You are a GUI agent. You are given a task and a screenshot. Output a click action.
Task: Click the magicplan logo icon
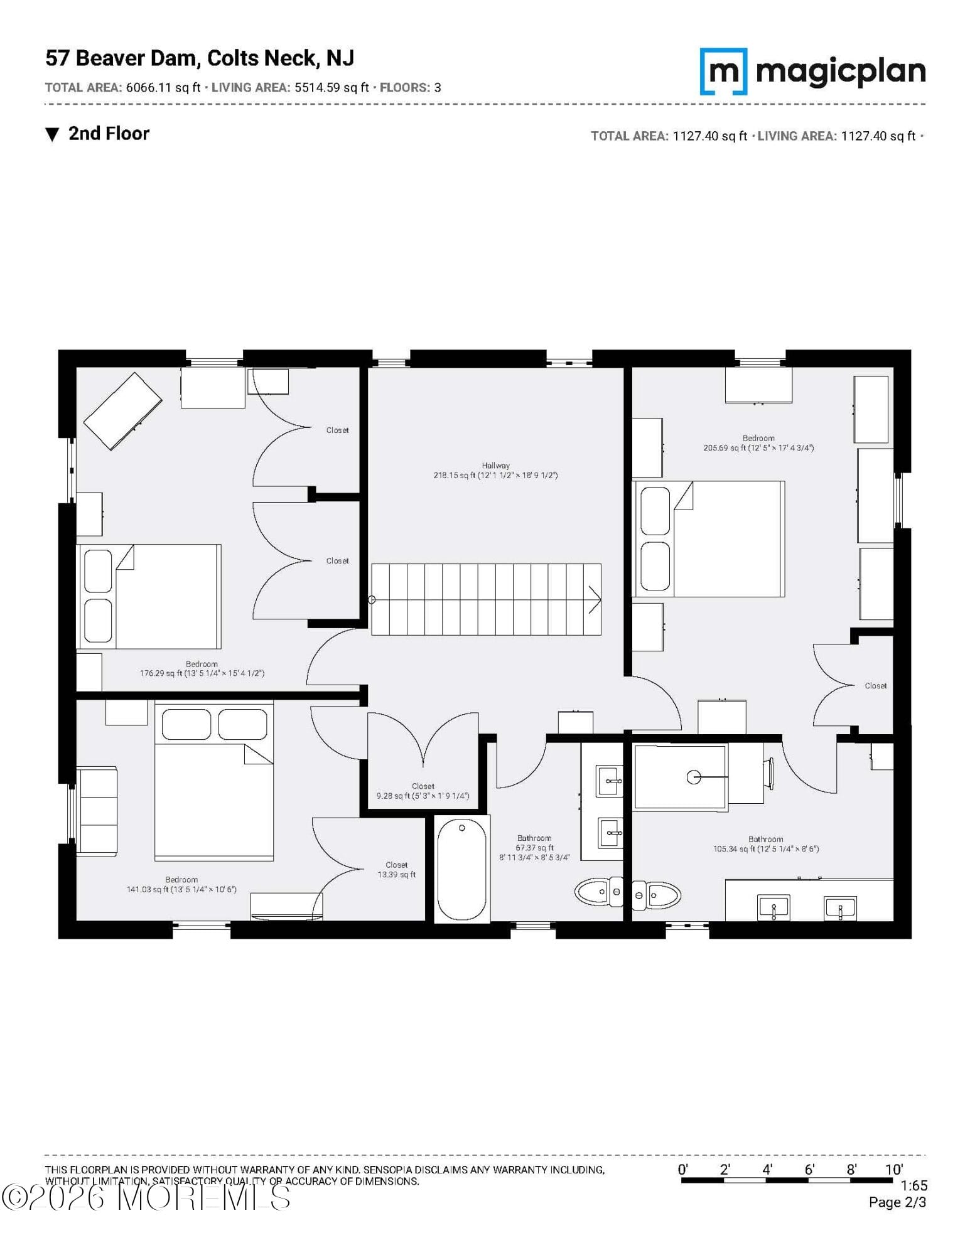point(723,72)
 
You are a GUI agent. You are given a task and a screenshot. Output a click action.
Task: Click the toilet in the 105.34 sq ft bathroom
point(656,895)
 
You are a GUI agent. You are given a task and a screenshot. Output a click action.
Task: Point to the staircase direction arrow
point(594,599)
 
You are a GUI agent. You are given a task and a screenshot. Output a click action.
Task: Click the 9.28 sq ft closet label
point(423,791)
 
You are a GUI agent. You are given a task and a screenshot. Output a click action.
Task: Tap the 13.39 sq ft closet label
point(396,869)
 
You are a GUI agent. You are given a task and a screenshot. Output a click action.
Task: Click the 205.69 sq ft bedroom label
point(758,443)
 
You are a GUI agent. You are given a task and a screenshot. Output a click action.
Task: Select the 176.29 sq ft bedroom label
point(202,668)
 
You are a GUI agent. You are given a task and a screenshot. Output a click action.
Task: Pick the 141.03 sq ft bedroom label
point(181,884)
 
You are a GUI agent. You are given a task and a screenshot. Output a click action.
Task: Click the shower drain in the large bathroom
point(693,777)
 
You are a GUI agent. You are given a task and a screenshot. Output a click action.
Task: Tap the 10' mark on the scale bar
point(893,1169)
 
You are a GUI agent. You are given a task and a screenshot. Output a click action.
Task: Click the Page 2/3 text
point(897,1202)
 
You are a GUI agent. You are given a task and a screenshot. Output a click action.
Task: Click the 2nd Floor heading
point(109,134)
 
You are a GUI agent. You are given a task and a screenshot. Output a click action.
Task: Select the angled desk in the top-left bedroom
point(123,411)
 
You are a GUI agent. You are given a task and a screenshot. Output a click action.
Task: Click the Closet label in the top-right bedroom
point(875,686)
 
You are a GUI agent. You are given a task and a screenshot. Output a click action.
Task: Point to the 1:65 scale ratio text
point(913,1185)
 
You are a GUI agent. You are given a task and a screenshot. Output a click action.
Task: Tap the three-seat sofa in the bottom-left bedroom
point(97,810)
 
